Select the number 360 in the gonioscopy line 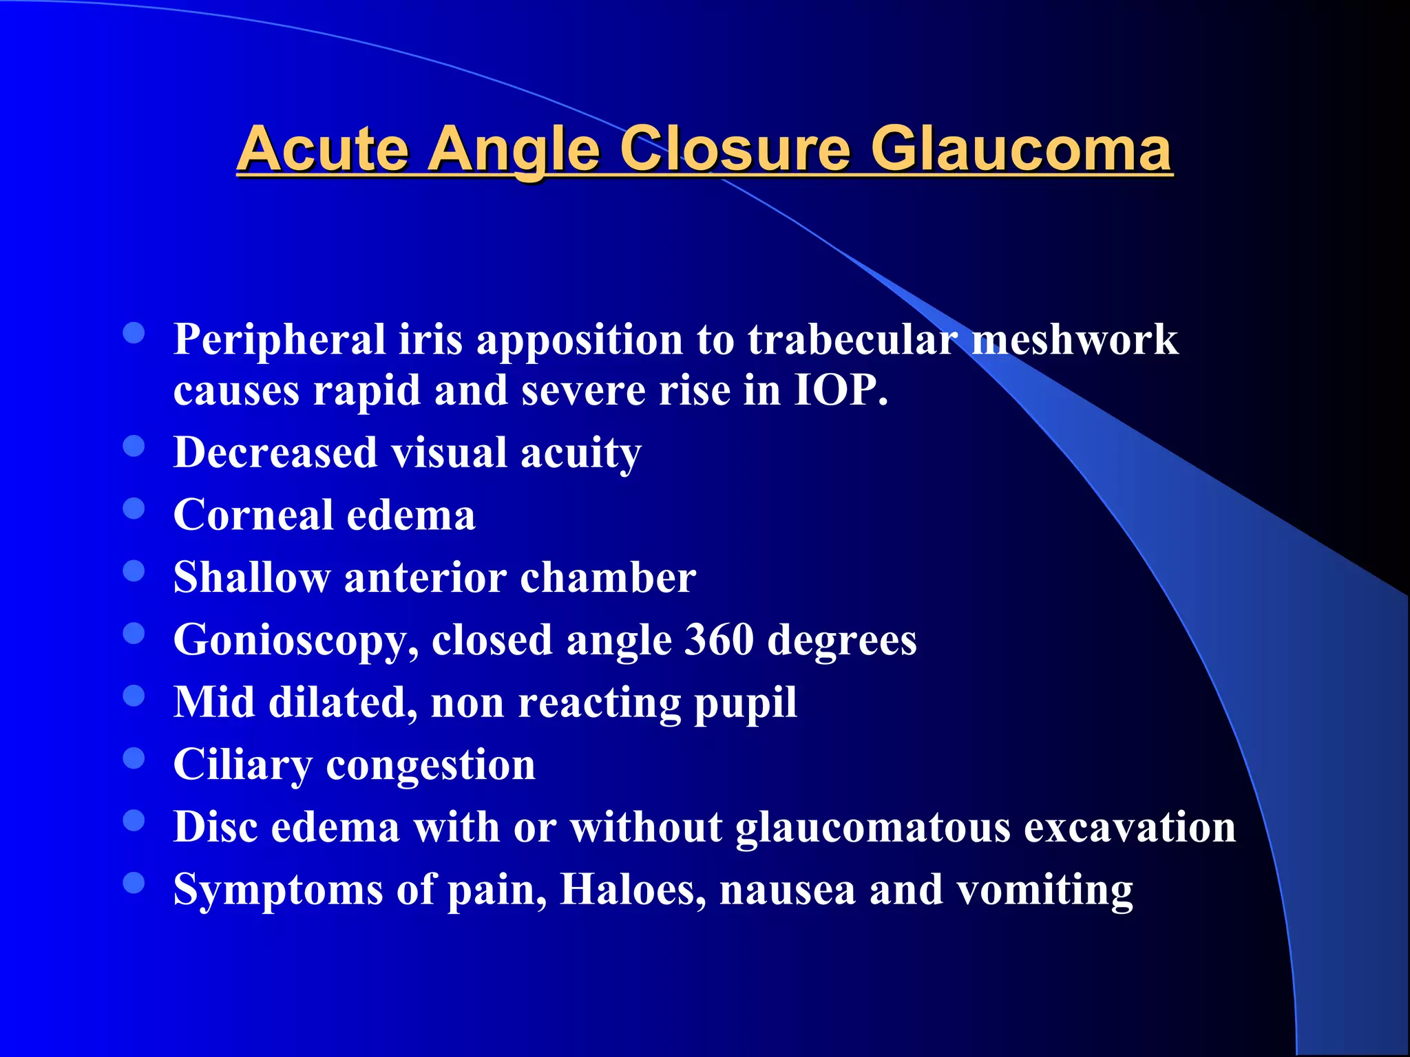tap(719, 639)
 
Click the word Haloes tap(633, 889)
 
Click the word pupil tap(745, 703)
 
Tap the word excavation tap(1130, 826)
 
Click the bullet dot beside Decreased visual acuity tap(134, 447)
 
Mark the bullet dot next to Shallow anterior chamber tap(134, 571)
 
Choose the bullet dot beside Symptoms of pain tap(134, 883)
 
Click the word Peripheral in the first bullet tap(280, 340)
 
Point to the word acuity tap(580, 453)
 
